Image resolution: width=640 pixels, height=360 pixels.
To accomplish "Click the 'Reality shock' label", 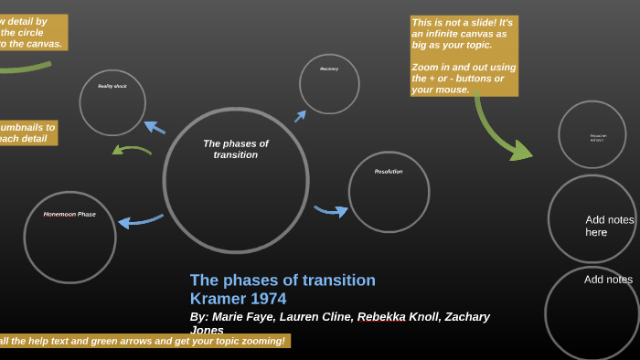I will click(x=112, y=86).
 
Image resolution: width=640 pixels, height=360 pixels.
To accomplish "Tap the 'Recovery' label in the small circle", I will click(x=329, y=69).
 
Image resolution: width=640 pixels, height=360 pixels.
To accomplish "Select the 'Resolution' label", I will click(x=389, y=172).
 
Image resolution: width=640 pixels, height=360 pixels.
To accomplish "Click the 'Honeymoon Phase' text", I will click(x=69, y=215).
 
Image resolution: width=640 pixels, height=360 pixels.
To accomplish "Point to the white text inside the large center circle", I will click(x=236, y=149).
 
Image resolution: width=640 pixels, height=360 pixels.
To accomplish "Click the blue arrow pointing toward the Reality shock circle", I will click(x=155, y=127).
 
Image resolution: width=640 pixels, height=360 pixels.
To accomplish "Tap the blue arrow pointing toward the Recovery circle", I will click(x=300, y=116).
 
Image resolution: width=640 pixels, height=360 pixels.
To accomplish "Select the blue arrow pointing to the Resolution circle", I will click(x=331, y=211).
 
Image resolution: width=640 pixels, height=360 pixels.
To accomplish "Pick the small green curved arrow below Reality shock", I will click(x=132, y=149).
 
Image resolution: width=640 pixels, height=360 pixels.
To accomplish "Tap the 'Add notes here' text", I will click(x=609, y=226).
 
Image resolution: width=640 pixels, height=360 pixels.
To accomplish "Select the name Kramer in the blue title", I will click(x=212, y=299).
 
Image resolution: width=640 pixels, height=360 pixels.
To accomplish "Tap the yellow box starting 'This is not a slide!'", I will click(x=464, y=56).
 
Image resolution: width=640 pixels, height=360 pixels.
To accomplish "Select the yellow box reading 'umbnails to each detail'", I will click(x=27, y=133).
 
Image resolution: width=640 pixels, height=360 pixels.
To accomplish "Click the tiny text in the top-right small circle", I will click(x=597, y=138).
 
